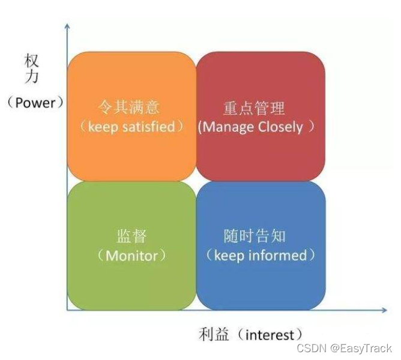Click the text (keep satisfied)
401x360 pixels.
(x=131, y=127)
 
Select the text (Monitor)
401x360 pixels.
(x=131, y=255)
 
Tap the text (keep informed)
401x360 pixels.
(x=261, y=255)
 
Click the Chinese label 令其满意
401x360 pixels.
(x=131, y=107)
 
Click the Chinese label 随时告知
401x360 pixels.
(x=255, y=236)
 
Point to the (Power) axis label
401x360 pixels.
(x=35, y=102)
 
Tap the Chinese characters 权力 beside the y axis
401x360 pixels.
(x=32, y=70)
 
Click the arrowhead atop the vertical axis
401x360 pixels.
(x=67, y=27)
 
